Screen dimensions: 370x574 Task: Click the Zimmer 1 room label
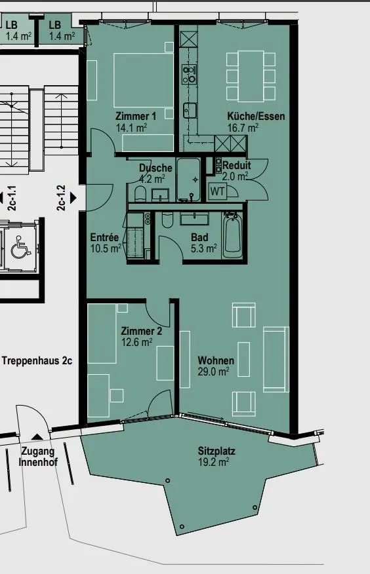click(x=136, y=117)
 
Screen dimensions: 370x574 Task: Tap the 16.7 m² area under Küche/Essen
click(x=243, y=128)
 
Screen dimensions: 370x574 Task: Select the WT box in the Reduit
click(x=218, y=191)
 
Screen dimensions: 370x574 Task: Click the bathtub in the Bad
click(x=232, y=235)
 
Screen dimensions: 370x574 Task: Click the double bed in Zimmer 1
click(x=143, y=80)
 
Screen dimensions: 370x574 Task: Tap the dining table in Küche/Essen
click(x=251, y=76)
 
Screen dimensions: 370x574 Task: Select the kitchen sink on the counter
click(x=190, y=111)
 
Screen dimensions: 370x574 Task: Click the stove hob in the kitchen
click(x=190, y=74)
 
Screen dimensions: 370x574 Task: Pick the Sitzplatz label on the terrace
click(x=216, y=451)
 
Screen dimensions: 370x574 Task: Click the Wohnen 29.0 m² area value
click(x=214, y=372)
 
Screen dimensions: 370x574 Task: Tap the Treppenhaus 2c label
click(x=37, y=360)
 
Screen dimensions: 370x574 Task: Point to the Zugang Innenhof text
click(x=38, y=457)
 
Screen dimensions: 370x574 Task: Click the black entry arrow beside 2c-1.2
click(x=73, y=198)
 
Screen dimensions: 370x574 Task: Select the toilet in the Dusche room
click(x=140, y=194)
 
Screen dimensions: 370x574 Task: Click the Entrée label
click(x=104, y=237)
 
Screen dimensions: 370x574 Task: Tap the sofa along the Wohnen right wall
click(x=276, y=359)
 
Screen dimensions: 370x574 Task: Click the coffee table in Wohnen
click(x=243, y=359)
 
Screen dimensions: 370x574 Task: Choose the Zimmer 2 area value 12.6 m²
click(x=136, y=343)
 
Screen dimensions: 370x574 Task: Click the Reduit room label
click(x=237, y=164)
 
